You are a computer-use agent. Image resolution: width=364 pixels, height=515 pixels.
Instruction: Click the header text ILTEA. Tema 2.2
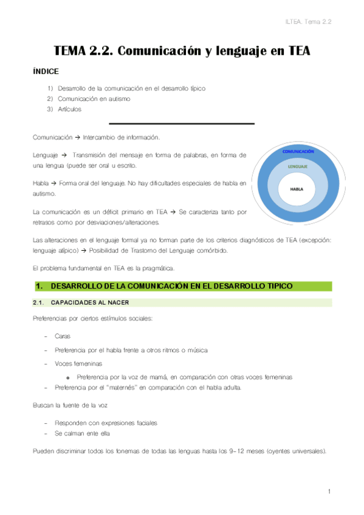click(320, 21)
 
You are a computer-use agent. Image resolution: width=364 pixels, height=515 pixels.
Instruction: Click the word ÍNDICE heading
click(46, 71)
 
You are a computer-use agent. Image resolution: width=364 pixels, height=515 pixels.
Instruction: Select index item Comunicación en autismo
click(94, 98)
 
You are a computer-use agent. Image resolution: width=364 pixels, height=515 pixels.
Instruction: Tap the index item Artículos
click(69, 109)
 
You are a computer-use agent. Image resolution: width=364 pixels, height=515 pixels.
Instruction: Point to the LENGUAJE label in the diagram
click(297, 166)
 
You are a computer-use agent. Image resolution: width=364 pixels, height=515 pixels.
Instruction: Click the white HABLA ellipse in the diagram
click(297, 189)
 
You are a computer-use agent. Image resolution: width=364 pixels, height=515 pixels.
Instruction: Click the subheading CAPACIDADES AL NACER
click(84, 302)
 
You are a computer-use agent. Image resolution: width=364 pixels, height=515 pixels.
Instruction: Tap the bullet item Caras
click(62, 335)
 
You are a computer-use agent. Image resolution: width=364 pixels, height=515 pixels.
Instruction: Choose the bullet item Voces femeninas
click(78, 363)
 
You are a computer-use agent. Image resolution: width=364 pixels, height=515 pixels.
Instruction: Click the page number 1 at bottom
click(328, 491)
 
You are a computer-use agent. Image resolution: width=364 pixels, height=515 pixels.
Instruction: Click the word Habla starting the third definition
click(41, 183)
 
